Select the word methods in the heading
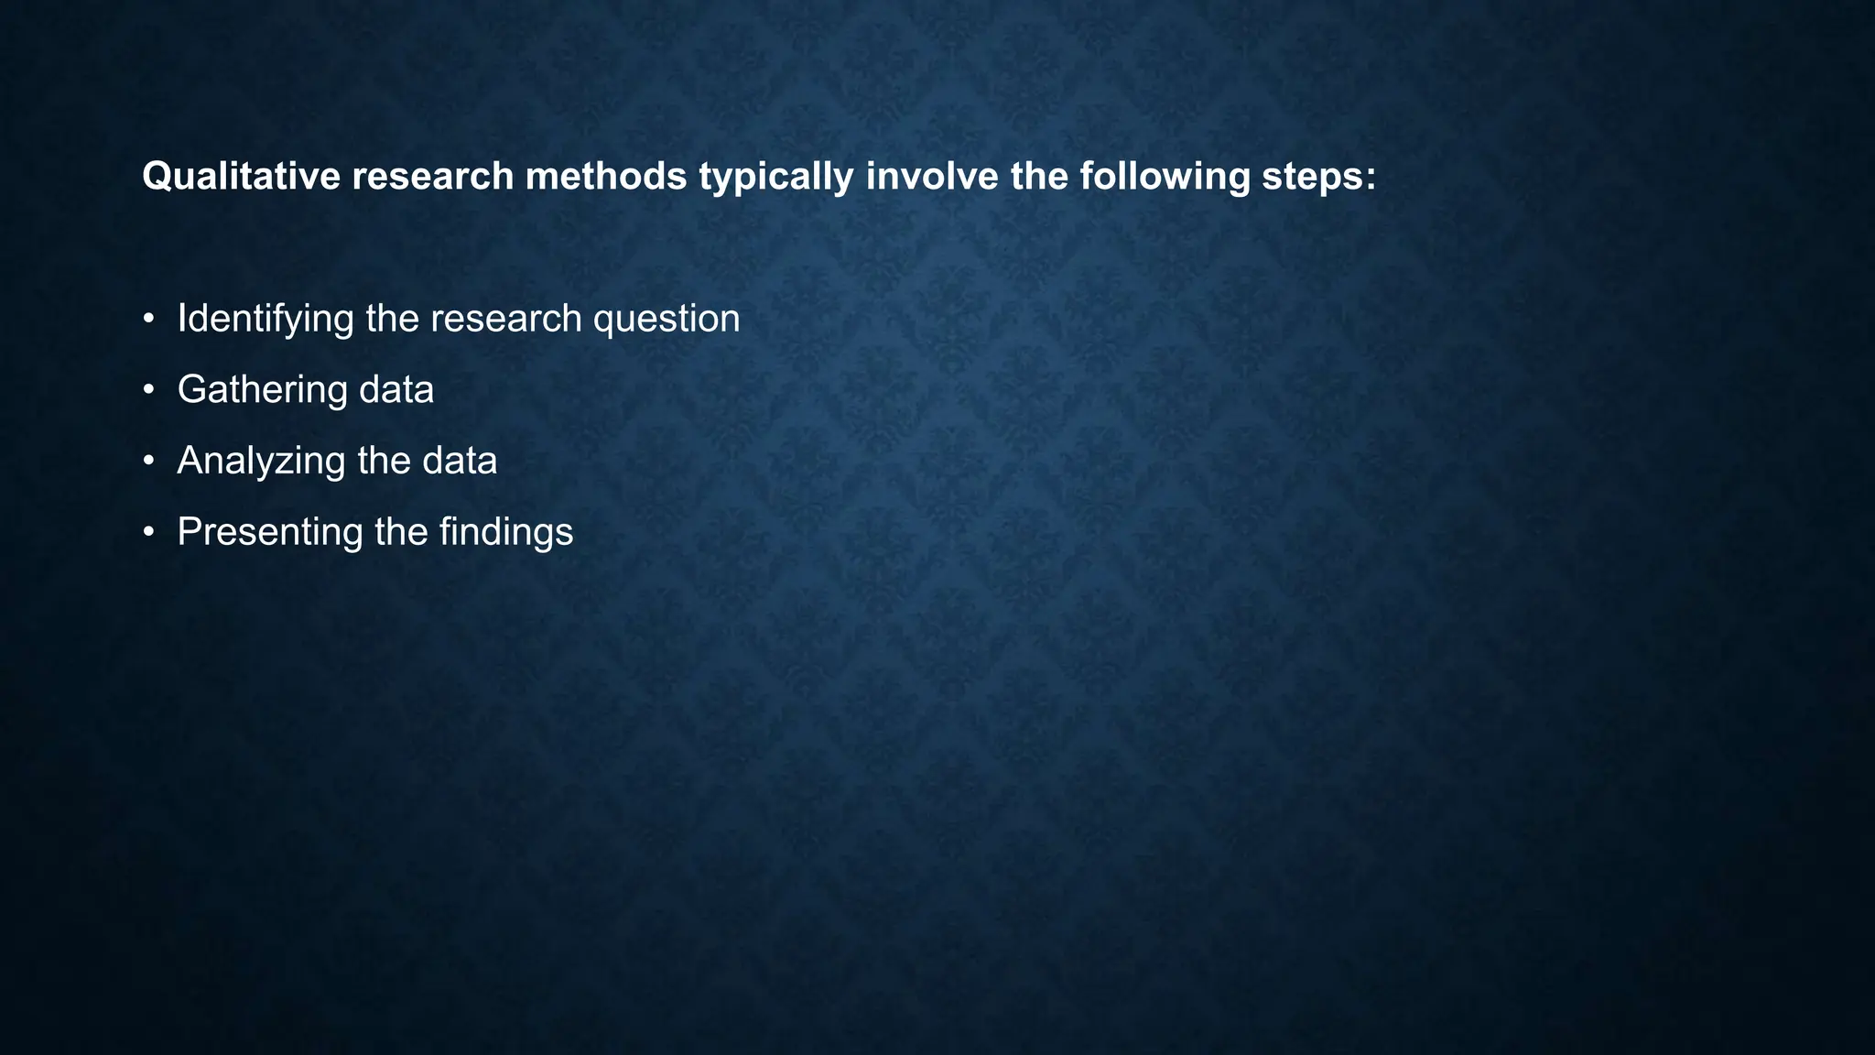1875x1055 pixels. point(605,176)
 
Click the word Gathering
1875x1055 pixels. point(262,390)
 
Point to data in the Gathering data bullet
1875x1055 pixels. point(396,390)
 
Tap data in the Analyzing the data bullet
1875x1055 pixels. point(459,461)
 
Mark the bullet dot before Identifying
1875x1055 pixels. point(148,320)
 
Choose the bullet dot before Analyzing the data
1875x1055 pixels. point(148,462)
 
